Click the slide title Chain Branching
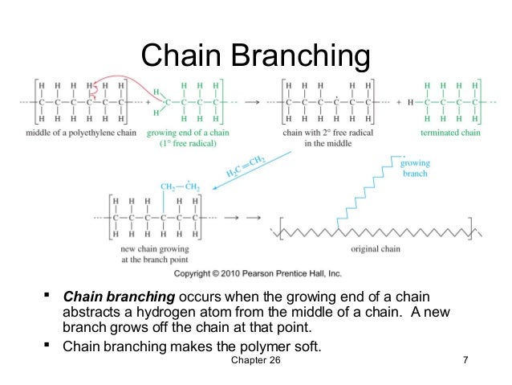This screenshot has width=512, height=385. point(255,55)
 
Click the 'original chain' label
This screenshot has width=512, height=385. point(379,249)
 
